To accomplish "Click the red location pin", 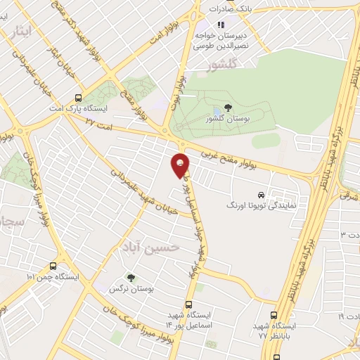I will click(181, 165).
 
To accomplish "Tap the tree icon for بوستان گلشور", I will click(226, 108).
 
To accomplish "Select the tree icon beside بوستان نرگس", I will click(129, 277).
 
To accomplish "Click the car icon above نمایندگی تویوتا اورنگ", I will click(261, 194).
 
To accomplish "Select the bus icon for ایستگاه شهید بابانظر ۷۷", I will click(274, 315).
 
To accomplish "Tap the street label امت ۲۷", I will click(99, 124).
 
